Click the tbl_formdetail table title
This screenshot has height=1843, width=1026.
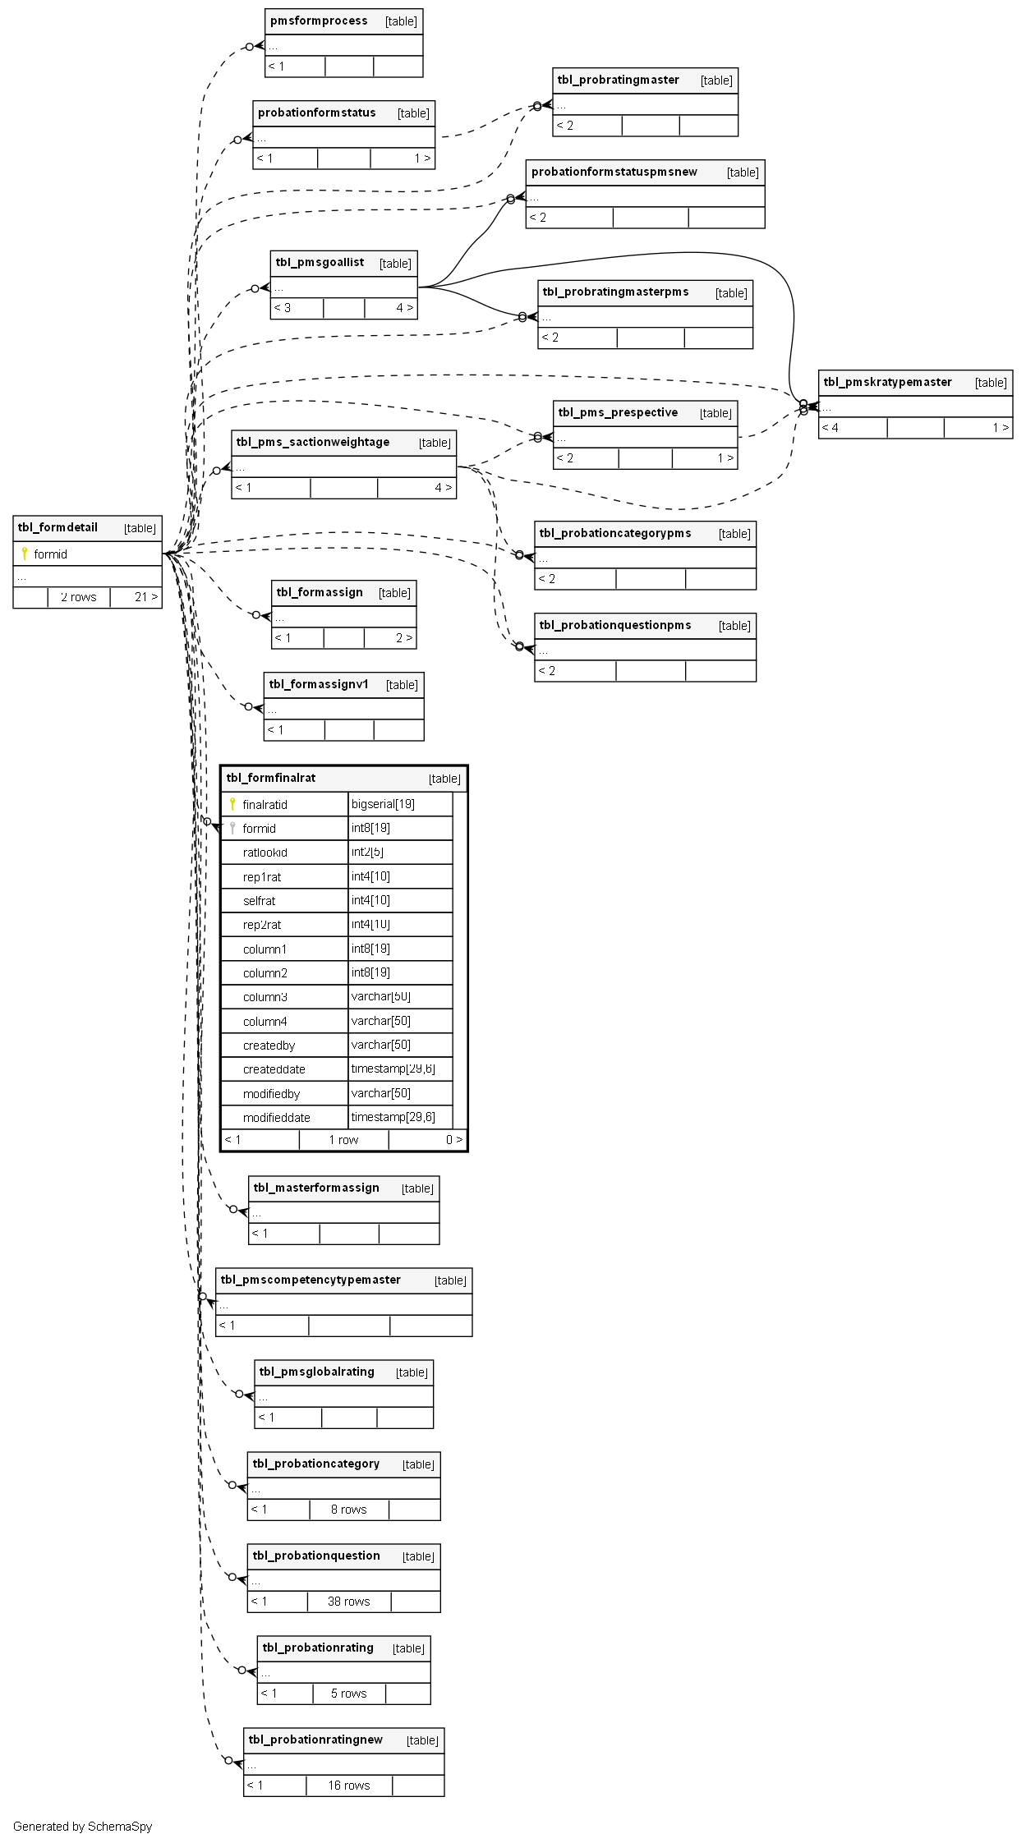point(58,527)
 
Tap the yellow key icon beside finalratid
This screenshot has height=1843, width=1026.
point(232,804)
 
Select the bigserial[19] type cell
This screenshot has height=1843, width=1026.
point(383,804)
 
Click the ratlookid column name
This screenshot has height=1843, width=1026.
point(265,853)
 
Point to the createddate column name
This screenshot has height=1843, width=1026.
point(274,1069)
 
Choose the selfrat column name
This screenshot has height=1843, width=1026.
point(259,901)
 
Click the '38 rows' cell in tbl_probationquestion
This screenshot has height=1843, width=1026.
point(348,1602)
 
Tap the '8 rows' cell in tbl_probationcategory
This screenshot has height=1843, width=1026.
point(348,1510)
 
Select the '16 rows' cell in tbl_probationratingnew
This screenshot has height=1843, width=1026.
point(349,1786)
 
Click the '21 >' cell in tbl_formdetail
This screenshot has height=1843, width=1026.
point(145,597)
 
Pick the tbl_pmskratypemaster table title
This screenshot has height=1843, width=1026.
point(887,382)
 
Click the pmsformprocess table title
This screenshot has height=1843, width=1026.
point(319,21)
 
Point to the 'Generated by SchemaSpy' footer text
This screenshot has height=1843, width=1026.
point(82,1827)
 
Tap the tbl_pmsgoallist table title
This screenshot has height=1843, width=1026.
point(320,263)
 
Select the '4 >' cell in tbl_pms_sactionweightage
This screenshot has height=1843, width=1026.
point(443,488)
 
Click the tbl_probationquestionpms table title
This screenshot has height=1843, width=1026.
point(615,625)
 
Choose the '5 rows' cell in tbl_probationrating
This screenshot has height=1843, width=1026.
point(348,1694)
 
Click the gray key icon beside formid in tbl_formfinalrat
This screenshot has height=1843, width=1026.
point(232,828)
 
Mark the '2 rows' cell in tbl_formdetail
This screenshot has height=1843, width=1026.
point(78,597)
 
